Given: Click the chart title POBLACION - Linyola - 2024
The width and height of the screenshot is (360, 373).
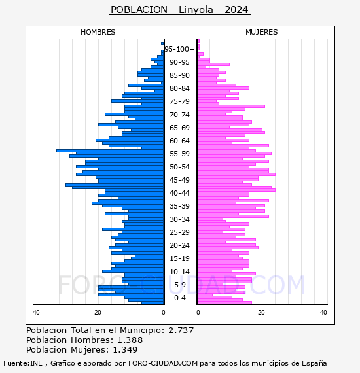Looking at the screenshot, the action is point(179,10).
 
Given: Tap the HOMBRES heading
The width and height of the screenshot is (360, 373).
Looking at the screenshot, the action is point(98,32).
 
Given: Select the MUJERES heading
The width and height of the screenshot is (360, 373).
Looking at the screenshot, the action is point(262,32).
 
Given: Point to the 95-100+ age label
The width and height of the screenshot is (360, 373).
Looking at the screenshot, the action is point(179,49).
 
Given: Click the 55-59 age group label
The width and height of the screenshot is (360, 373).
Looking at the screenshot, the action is point(179,154).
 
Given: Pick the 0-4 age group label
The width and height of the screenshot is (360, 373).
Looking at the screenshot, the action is point(179,298).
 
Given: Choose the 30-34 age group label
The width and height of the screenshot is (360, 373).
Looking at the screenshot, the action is point(179,219).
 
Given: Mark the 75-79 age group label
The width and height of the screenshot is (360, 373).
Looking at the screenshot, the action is point(179,101).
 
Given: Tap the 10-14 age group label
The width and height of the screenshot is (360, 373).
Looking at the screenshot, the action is point(179,272).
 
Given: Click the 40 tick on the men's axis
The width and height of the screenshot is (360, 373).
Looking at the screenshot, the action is point(36,313).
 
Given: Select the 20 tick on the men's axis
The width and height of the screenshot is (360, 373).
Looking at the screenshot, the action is point(98,313).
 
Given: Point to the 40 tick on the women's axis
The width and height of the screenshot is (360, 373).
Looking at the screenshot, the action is point(323,313).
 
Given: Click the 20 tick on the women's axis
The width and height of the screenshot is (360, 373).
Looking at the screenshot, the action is point(262,313).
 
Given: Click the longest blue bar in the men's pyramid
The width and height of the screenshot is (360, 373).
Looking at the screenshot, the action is point(110,151).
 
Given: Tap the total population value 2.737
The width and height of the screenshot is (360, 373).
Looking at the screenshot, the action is point(181,330).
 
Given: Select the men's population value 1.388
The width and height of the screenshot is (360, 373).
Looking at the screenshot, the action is point(130,340).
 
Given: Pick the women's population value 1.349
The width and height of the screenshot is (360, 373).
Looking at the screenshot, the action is point(125,350).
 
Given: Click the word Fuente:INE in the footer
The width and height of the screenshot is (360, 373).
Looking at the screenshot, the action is point(23,363).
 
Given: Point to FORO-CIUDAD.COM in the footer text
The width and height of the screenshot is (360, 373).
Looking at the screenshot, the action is point(163,363).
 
